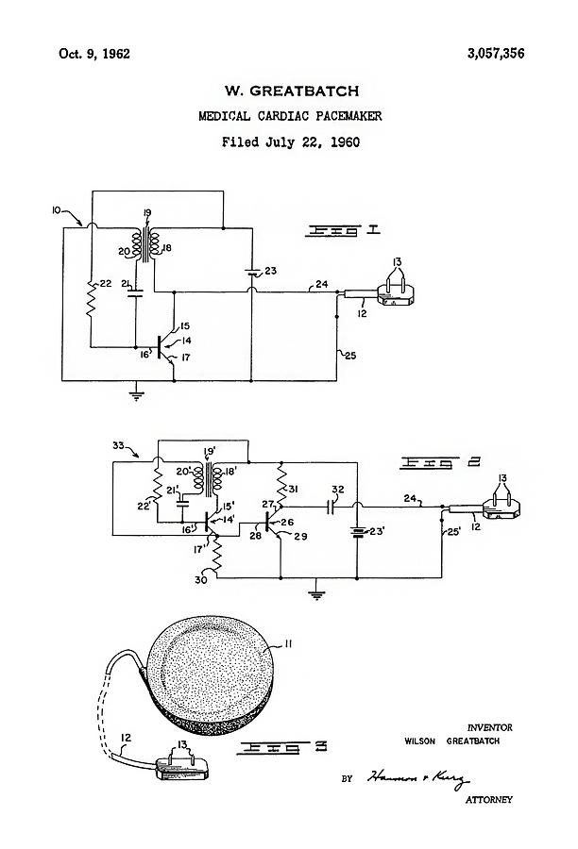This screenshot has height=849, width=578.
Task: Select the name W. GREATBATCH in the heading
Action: [290, 91]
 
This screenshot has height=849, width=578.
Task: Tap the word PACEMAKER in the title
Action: [344, 117]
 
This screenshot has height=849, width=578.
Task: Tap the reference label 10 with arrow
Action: [59, 210]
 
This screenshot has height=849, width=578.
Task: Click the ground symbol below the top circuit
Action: [136, 394]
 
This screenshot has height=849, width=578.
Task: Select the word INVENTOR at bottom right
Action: [489, 727]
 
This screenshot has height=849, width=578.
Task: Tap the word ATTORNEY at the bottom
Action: [488, 800]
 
